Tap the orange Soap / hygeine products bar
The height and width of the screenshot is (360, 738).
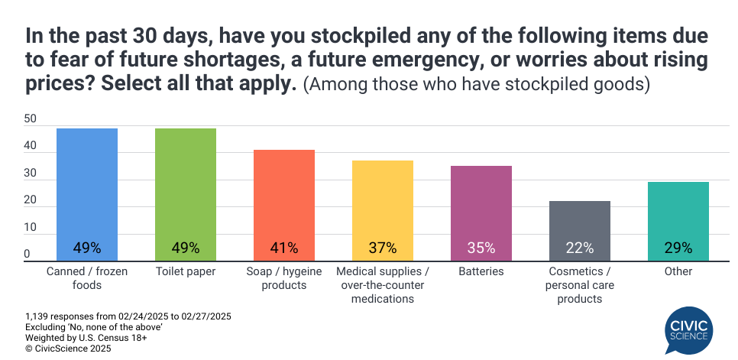pos(283,203)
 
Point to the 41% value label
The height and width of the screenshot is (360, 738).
pos(283,248)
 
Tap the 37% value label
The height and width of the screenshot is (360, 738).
pos(382,248)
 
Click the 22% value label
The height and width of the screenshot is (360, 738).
pos(579,248)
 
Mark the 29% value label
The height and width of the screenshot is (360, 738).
pos(678,248)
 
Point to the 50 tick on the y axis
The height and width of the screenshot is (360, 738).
pos(31,119)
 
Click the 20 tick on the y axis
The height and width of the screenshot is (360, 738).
pos(31,200)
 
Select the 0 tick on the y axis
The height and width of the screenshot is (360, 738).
pos(27,254)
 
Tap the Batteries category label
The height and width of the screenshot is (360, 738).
pos(481,271)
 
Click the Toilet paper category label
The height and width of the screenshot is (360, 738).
pos(185,271)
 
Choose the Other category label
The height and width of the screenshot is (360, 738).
pos(678,271)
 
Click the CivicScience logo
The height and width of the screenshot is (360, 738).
pos(689,329)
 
